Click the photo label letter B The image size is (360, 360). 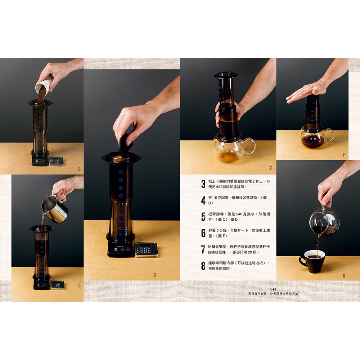point(80,170)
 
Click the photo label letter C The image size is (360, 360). point(80,285)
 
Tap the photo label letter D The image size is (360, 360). point(154,275)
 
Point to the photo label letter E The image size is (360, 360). point(271,168)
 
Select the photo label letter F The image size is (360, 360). point(344,155)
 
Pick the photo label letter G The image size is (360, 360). point(344,275)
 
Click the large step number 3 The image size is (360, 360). point(203,184)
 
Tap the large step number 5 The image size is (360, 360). point(203,217)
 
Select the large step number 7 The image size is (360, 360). point(203,249)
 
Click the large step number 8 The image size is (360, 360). point(203,266)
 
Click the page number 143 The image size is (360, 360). point(273,289)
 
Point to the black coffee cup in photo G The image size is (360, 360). point(312,261)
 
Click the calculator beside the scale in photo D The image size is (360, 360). point(146,250)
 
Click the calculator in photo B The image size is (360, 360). point(56,161)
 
